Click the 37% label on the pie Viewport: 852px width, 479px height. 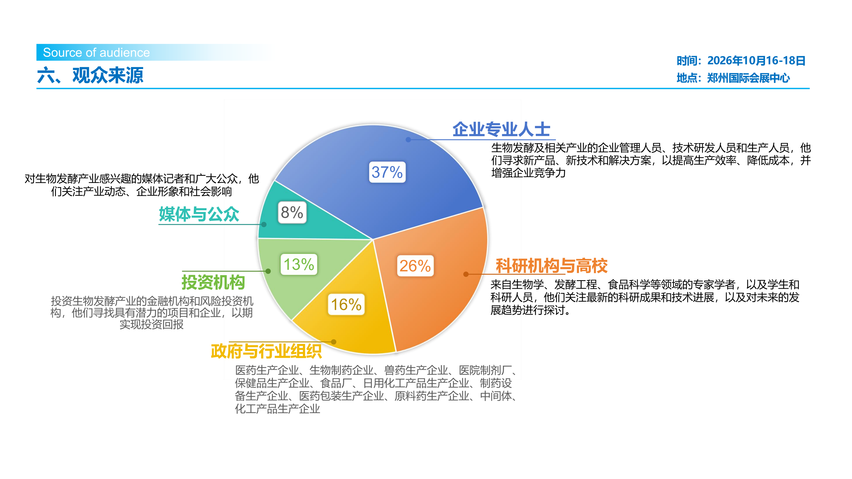coord(387,172)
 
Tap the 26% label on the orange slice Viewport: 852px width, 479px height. coord(415,266)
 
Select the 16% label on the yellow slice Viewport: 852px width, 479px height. coord(346,304)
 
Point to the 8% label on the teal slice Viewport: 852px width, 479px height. coord(292,212)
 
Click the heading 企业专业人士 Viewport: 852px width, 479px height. coord(501,129)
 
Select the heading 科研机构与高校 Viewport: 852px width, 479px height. coord(551,266)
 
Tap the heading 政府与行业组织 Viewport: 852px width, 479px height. coord(266,351)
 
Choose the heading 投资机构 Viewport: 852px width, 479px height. coord(213,282)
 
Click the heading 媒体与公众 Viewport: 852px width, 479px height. coord(199,214)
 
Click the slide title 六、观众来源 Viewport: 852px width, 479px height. coord(90,75)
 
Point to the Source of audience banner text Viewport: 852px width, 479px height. coord(96,53)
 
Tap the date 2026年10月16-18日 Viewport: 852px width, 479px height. coord(756,60)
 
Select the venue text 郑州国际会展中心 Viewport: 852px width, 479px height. coord(748,78)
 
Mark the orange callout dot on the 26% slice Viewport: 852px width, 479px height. coord(466,274)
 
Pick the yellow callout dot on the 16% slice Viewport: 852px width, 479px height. coord(334,342)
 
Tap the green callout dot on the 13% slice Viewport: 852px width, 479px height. coord(268,271)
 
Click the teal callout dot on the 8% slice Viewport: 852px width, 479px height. coord(264,225)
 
